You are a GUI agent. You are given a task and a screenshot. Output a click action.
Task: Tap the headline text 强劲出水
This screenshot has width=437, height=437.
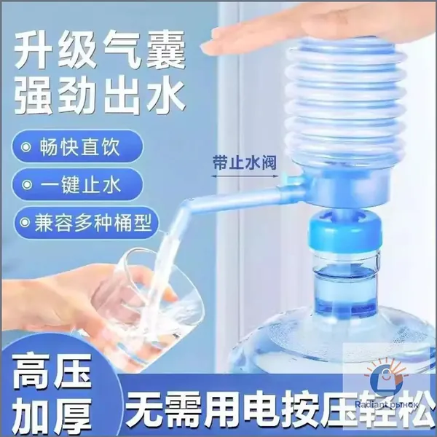[100, 96]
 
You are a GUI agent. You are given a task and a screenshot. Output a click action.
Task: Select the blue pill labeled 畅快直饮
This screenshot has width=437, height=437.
[77, 146]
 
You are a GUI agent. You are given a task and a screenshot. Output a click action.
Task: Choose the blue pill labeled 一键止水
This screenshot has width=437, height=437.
[77, 184]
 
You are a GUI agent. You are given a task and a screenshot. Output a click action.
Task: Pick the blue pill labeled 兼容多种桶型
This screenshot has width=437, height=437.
[85, 223]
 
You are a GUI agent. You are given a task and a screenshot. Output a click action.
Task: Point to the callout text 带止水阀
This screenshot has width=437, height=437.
[245, 162]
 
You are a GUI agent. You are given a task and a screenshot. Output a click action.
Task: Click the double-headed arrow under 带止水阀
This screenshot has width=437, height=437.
[245, 176]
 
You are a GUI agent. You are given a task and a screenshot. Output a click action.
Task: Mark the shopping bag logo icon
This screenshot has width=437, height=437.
[386, 379]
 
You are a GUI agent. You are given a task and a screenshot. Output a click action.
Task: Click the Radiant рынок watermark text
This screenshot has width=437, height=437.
[387, 405]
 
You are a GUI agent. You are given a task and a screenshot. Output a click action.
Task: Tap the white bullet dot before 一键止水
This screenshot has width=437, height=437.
[26, 185]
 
